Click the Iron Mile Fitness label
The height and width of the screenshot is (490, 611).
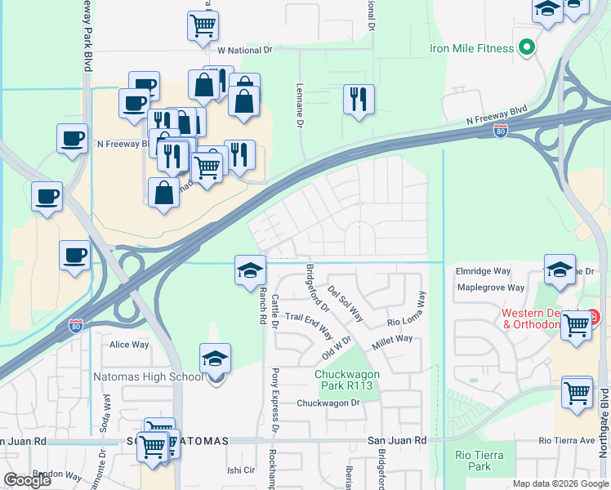pyautogui.click(x=472, y=48)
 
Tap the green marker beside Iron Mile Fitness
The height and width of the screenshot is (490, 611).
pyautogui.click(x=527, y=47)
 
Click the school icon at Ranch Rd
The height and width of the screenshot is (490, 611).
pyautogui.click(x=250, y=271)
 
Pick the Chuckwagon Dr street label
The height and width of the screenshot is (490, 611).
pyautogui.click(x=328, y=403)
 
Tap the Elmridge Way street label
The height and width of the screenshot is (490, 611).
pyautogui.click(x=484, y=271)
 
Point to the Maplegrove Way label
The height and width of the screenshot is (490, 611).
pyautogui.click(x=490, y=287)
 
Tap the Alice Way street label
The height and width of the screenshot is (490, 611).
pyautogui.click(x=130, y=345)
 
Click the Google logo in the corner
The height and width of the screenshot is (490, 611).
pyautogui.click(x=27, y=480)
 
